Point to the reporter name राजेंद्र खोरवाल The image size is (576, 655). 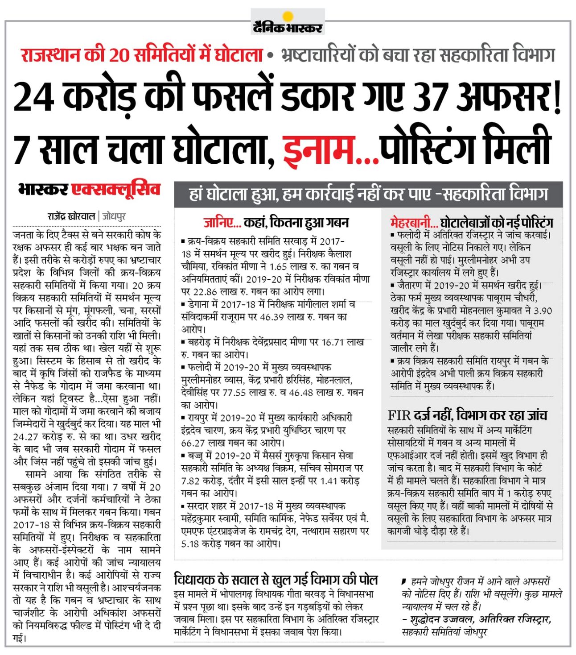pyautogui.click(x=71, y=216)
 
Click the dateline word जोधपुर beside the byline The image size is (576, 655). pyautogui.click(x=114, y=216)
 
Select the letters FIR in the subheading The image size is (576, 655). pyautogui.click(x=399, y=416)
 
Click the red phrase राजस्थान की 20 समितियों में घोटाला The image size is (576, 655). pyautogui.click(x=141, y=55)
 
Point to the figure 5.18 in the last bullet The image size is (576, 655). pyautogui.click(x=190, y=544)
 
